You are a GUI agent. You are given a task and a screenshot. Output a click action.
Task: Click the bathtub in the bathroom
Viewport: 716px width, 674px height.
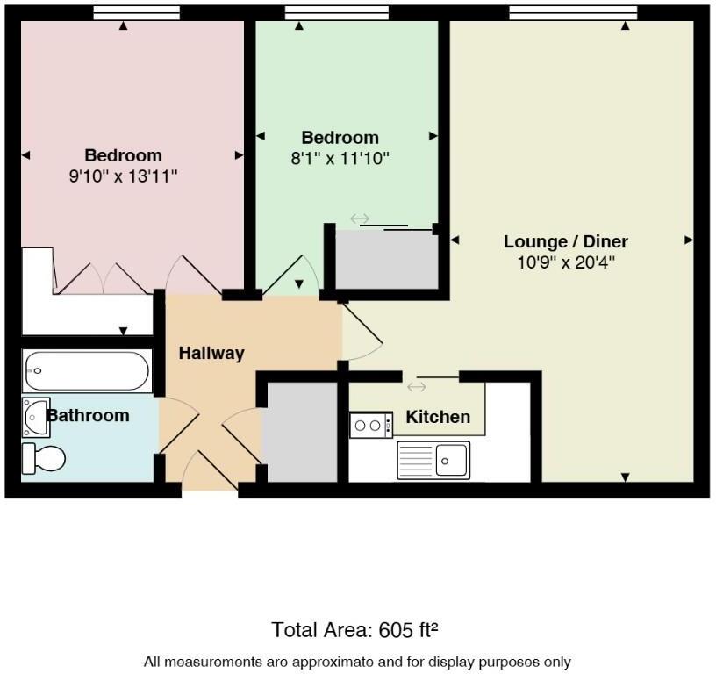click(x=87, y=371)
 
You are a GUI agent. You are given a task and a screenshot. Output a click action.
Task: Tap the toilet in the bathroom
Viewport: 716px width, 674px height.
click(x=45, y=457)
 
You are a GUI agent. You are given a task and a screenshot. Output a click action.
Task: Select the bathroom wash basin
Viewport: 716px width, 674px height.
click(x=37, y=416)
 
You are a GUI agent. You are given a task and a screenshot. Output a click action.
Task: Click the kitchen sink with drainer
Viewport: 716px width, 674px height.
click(x=433, y=459)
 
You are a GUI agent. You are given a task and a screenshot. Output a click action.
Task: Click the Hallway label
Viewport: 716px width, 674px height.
click(x=211, y=353)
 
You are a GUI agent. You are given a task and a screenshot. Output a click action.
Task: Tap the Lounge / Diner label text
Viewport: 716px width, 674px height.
click(x=566, y=241)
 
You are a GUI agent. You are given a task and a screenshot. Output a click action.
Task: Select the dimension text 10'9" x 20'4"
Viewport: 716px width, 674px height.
click(x=566, y=262)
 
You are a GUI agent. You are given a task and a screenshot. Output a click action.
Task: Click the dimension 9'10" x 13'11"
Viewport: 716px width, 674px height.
click(x=124, y=176)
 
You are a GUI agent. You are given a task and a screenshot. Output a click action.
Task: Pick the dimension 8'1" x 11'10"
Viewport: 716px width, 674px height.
click(x=340, y=158)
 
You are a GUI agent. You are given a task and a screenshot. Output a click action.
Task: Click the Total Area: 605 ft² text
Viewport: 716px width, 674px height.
click(x=354, y=629)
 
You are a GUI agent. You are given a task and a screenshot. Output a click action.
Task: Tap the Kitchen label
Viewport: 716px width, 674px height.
click(x=438, y=417)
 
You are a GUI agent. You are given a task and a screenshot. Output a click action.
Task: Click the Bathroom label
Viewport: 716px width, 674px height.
click(x=88, y=415)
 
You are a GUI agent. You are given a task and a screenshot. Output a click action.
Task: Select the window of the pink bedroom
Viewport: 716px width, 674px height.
click(x=136, y=12)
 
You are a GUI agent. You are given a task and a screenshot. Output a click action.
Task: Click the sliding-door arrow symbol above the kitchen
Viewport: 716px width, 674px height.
click(x=416, y=387)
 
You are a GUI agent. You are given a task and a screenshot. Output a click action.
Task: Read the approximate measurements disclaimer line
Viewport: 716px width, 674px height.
click(x=357, y=661)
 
